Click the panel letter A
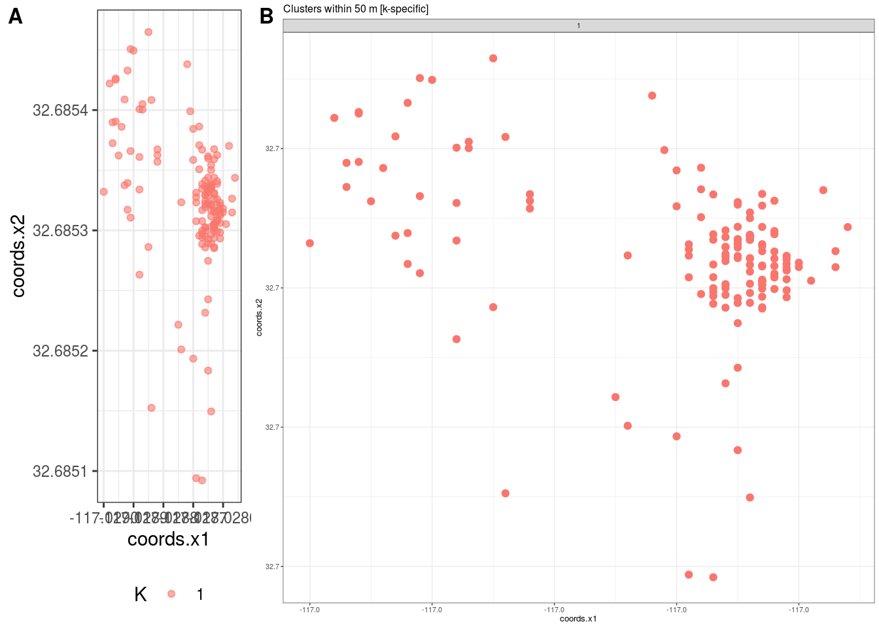pyautogui.click(x=15, y=16)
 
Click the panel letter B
pyautogui.click(x=266, y=16)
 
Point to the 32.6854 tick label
pyautogui.click(x=60, y=110)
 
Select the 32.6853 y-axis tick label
pyautogui.click(x=60, y=230)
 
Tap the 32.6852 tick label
pyautogui.click(x=60, y=351)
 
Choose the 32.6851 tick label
pyautogui.click(x=60, y=471)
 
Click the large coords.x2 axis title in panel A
pyautogui.click(x=18, y=256)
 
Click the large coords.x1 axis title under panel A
pyautogui.click(x=168, y=539)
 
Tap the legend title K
pyautogui.click(x=140, y=594)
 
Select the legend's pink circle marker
pyautogui.click(x=171, y=594)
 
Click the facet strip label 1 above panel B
pyautogui.click(x=578, y=26)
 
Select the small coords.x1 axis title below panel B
pyautogui.click(x=578, y=619)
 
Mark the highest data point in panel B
pyautogui.click(x=493, y=58)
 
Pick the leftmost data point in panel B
pyautogui.click(x=310, y=243)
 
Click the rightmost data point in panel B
pyautogui.click(x=848, y=227)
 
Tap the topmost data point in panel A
pyautogui.click(x=148, y=32)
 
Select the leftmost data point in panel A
pyautogui.click(x=103, y=192)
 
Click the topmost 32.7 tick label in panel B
pyautogui.click(x=273, y=148)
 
